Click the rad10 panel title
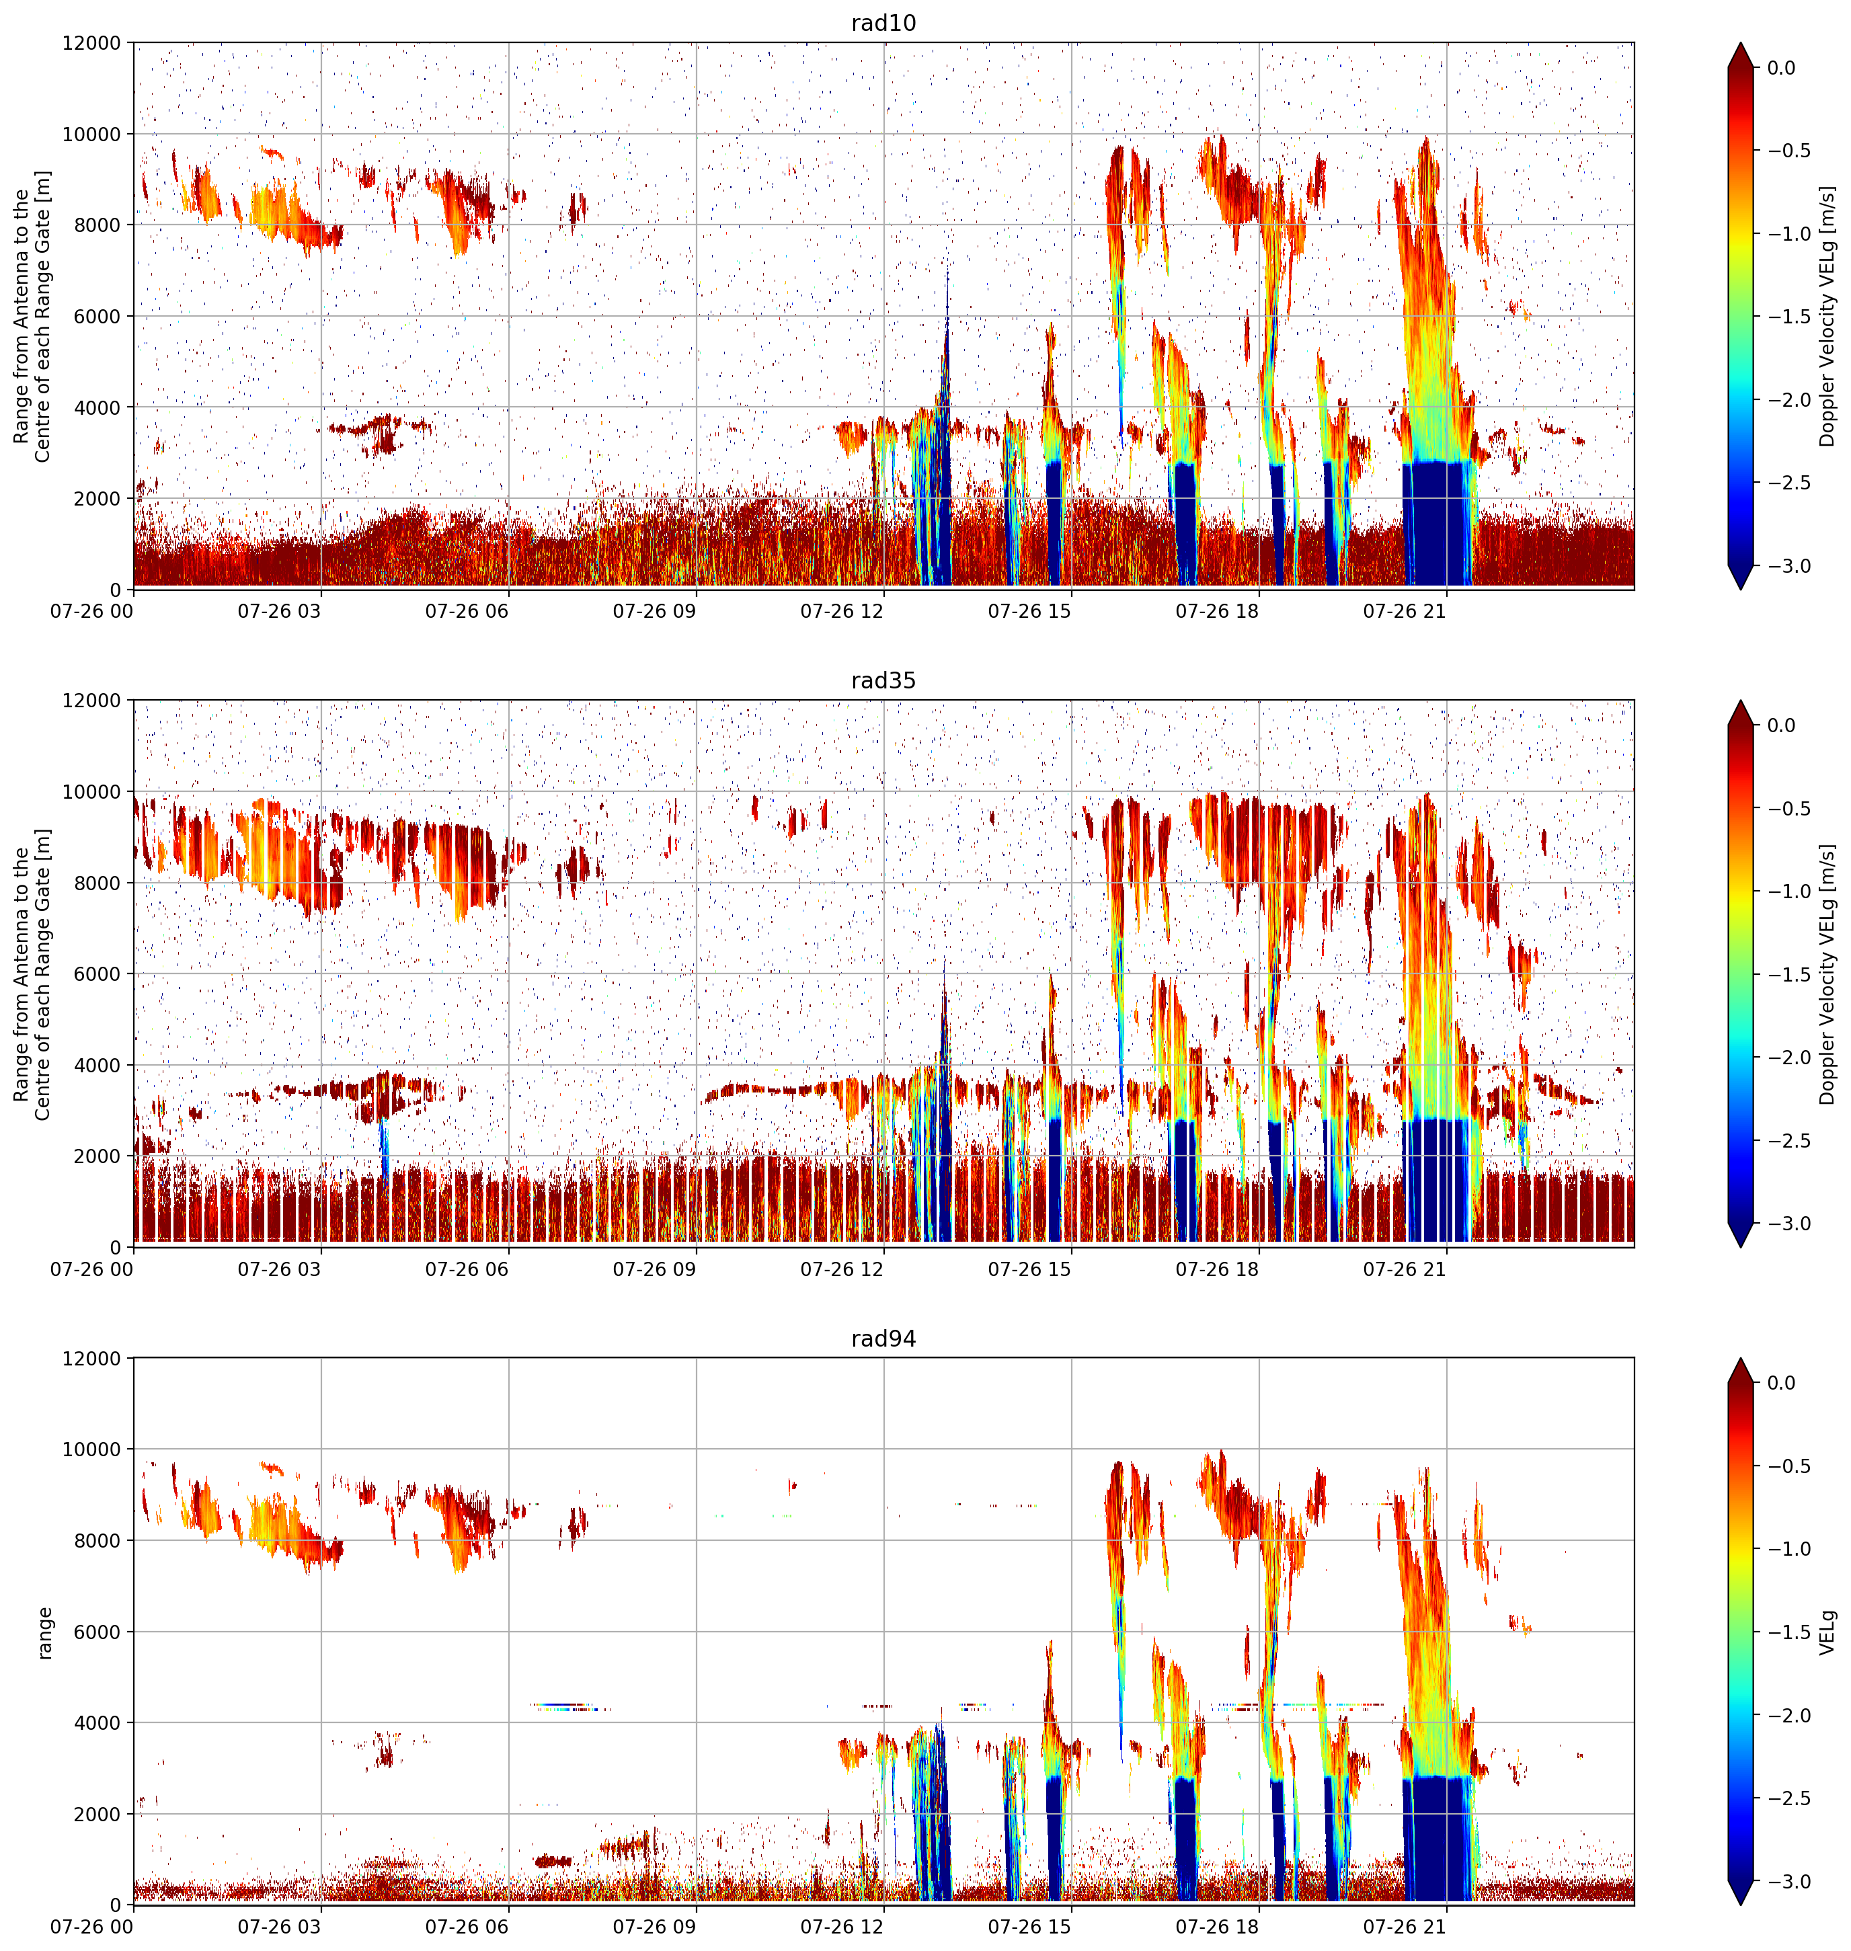click(883, 23)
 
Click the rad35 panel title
click(883, 680)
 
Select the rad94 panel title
click(883, 1339)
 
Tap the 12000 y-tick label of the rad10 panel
click(91, 44)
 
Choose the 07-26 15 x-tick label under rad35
click(1029, 1269)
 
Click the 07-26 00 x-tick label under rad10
click(91, 612)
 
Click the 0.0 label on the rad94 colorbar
click(1781, 1383)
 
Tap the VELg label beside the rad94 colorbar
click(1827, 1632)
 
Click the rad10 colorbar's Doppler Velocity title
click(1827, 317)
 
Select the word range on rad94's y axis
click(44, 1632)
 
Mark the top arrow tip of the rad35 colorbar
click(1741, 701)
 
